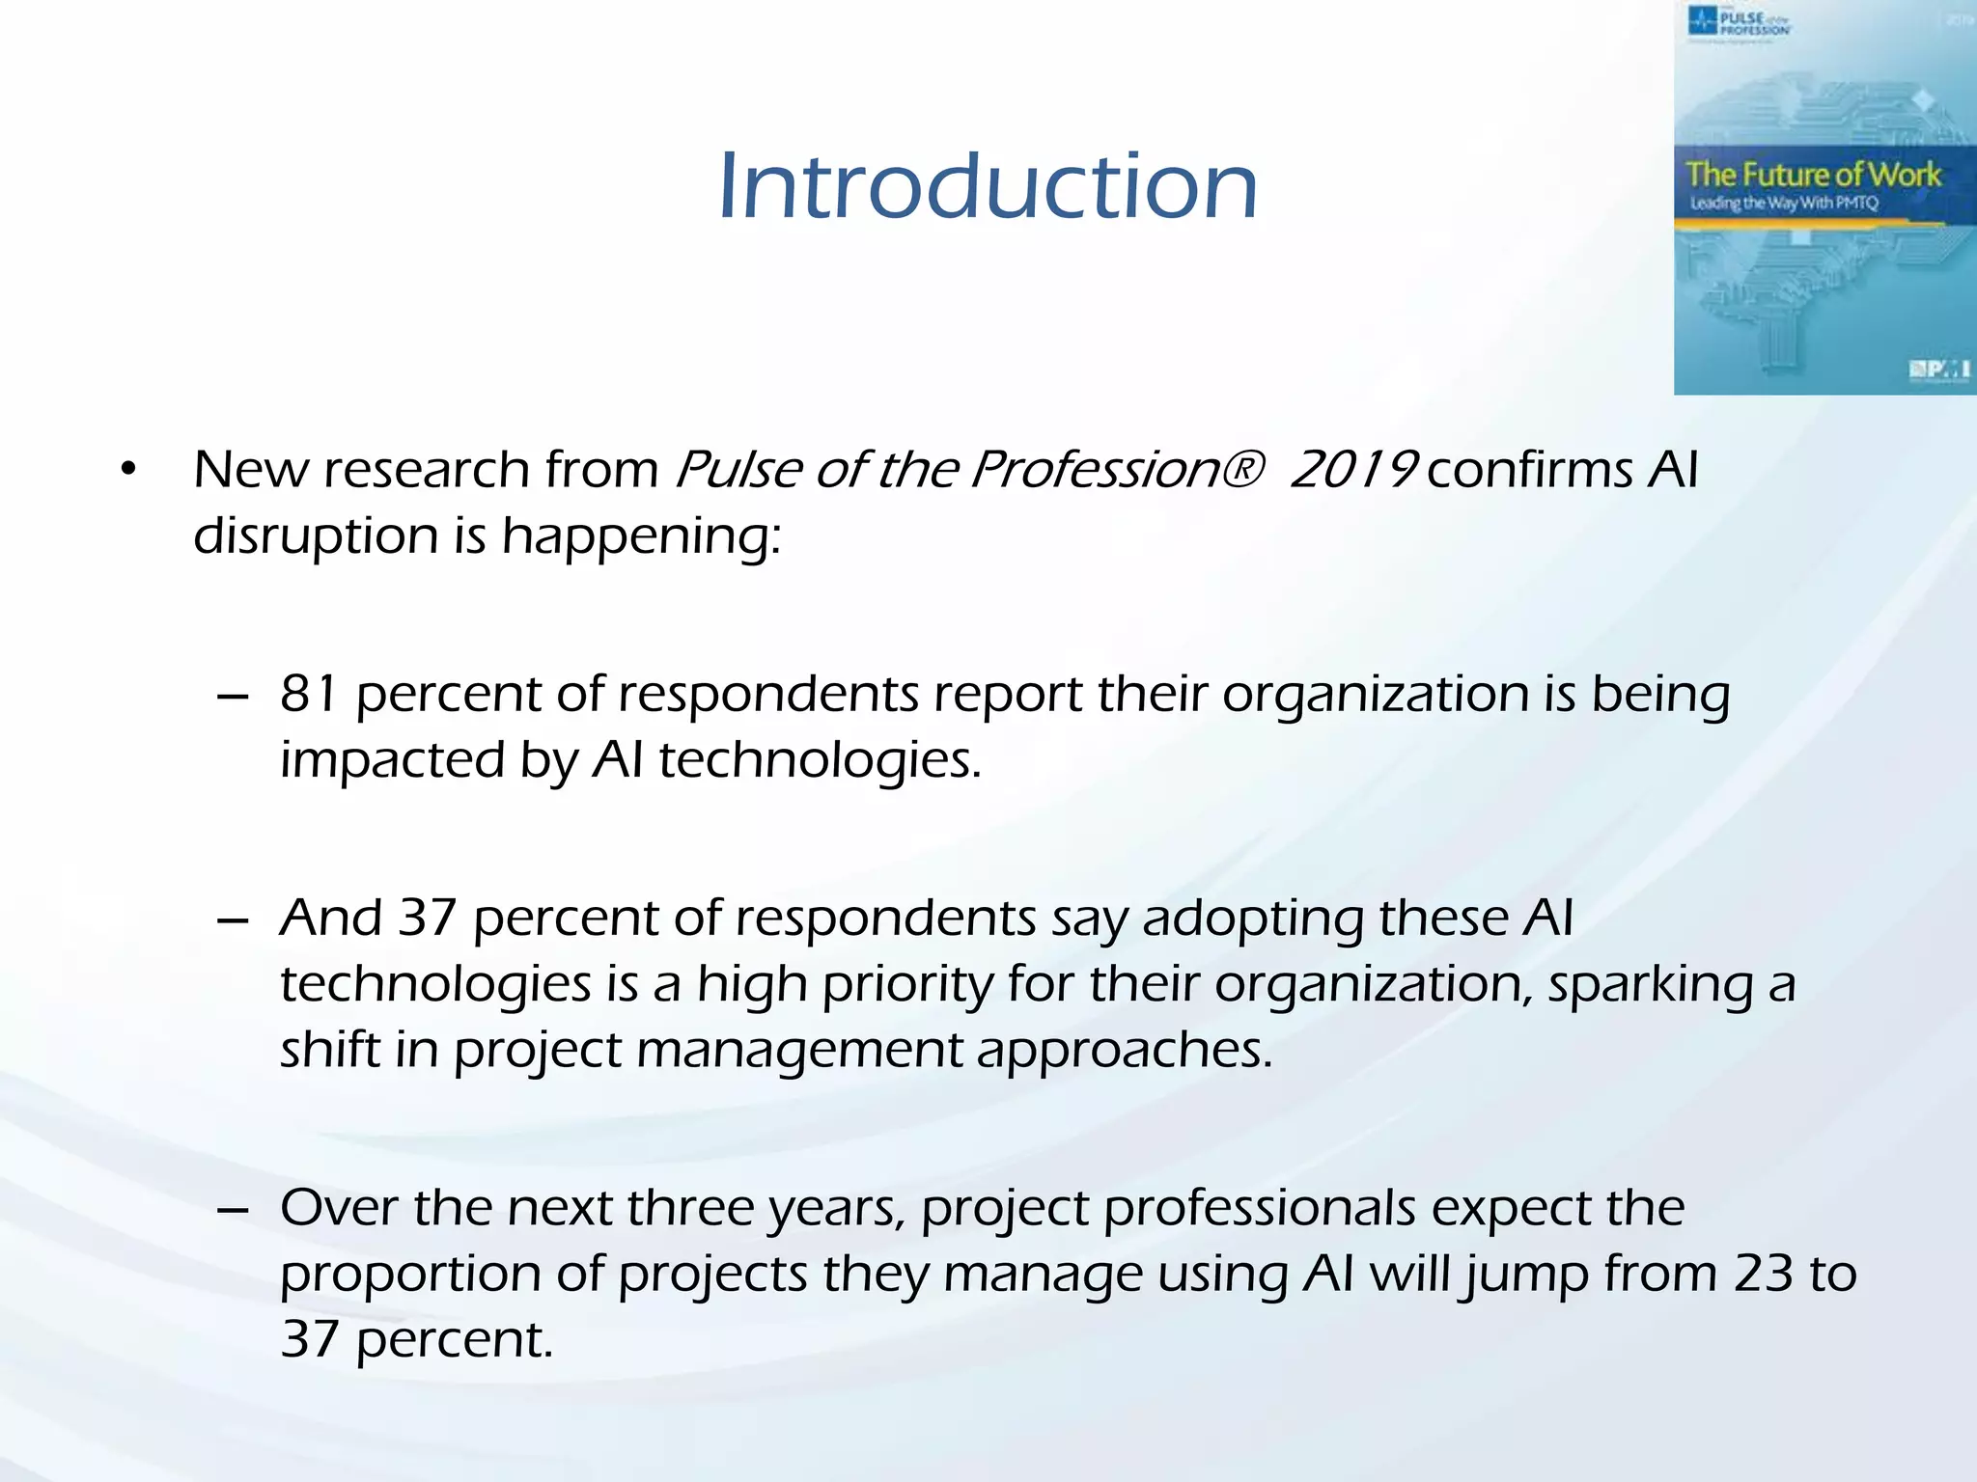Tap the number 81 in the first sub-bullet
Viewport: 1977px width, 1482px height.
click(309, 694)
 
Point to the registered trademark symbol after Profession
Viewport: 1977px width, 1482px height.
click(1246, 470)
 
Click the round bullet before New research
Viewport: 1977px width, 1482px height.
click(128, 471)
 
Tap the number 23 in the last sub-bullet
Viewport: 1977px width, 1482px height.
click(1763, 1274)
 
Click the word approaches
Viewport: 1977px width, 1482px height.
click(1124, 1050)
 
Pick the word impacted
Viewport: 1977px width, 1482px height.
click(392, 760)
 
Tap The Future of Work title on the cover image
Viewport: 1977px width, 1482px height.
click(1813, 175)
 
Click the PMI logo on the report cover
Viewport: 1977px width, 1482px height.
click(1937, 370)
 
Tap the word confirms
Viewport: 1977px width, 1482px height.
click(1530, 470)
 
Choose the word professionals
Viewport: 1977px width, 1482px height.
click(1259, 1209)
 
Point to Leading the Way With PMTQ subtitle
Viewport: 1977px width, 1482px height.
click(1784, 204)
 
